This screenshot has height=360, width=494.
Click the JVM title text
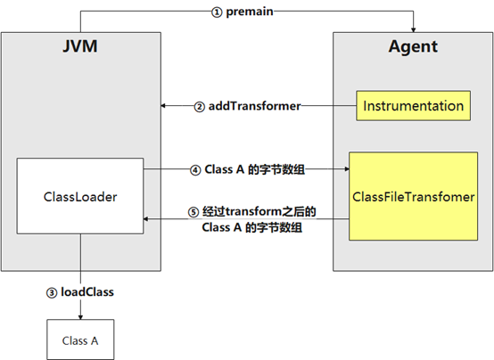point(80,46)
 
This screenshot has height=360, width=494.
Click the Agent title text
point(413,47)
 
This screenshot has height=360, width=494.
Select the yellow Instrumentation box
point(414,106)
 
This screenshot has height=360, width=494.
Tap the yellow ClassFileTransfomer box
point(414,197)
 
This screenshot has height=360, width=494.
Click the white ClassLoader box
point(80,196)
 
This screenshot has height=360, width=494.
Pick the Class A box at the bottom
point(80,340)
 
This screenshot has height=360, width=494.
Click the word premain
point(250,12)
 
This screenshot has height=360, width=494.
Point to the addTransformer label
point(254,106)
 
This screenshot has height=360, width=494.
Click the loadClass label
point(87,292)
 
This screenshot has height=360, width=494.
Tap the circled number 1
point(217,12)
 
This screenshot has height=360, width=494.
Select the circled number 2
point(199,107)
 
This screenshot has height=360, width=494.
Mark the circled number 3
point(52,293)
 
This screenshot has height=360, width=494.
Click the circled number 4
point(195,170)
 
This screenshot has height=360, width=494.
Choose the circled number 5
point(193,212)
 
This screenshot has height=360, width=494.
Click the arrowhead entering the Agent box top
point(414,29)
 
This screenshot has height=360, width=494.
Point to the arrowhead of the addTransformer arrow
point(163,105)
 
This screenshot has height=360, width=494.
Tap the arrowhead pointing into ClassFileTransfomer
point(347,168)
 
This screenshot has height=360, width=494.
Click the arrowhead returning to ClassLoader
point(146,218)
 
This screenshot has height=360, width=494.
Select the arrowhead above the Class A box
point(80,317)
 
